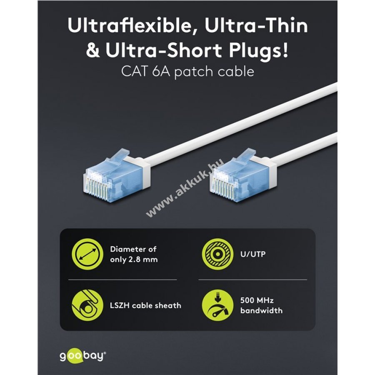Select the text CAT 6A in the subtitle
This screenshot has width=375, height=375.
tap(146, 71)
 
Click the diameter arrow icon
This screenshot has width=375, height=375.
tap(88, 254)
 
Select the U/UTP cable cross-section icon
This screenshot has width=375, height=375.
tap(217, 254)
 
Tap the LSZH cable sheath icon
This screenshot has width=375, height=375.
tap(88, 305)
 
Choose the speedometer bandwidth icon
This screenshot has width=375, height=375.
tap(217, 305)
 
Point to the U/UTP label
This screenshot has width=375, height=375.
tap(253, 254)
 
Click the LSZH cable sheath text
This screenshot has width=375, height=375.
tap(146, 305)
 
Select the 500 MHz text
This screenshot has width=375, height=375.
tap(257, 300)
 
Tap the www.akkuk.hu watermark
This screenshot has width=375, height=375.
tap(185, 187)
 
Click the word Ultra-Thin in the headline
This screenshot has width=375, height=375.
tap(256, 26)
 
